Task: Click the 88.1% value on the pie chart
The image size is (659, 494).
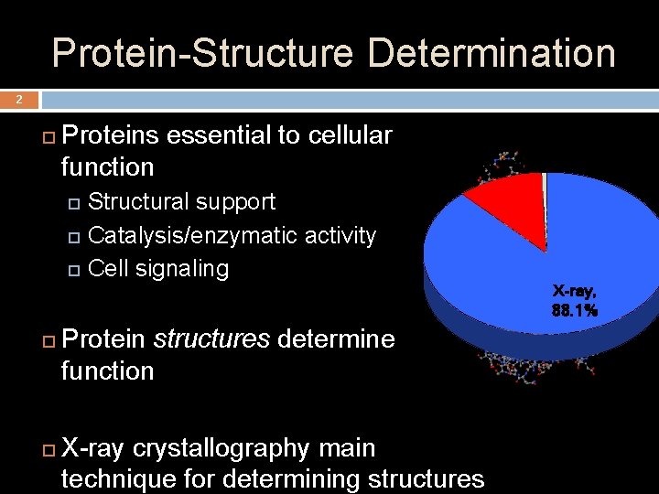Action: coord(575,311)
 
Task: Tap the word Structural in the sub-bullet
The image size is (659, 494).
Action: coord(139,201)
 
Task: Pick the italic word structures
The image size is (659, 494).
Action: coord(211,339)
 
